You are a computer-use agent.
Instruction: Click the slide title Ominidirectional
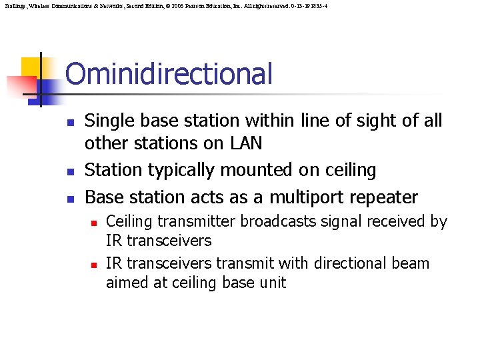pyautogui.click(x=169, y=74)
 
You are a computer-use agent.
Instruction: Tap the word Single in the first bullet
pyautogui.click(x=109, y=121)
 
